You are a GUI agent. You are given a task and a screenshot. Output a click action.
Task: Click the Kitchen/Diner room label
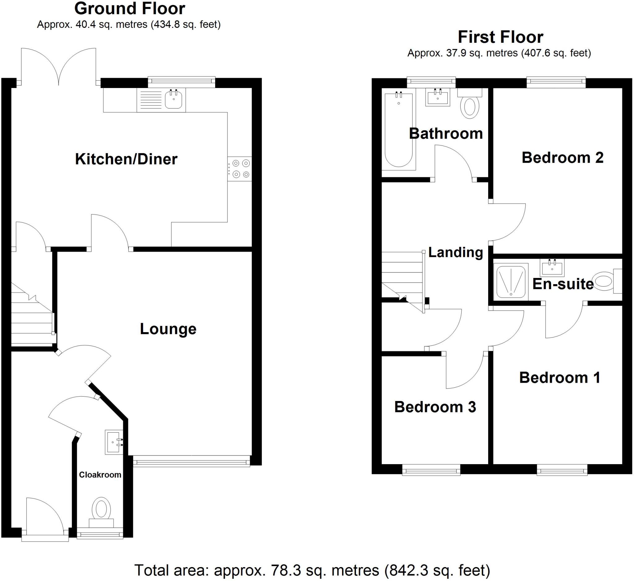[126, 159]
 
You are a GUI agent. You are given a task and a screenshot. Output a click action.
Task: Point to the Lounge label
[168, 329]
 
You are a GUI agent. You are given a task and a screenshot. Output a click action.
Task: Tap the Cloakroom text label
[100, 475]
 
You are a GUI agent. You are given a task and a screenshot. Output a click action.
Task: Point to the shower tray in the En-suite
[511, 281]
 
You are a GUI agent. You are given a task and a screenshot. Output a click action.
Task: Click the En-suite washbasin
[552, 267]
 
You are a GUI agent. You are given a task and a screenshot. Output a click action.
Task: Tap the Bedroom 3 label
[435, 407]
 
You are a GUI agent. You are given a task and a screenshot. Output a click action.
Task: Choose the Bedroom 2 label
[562, 158]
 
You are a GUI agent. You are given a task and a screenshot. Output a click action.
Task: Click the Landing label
[455, 253]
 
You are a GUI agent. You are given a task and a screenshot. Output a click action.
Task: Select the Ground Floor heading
[130, 9]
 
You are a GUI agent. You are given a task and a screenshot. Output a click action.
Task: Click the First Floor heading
[500, 37]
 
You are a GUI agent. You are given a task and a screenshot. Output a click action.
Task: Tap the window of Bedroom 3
[431, 471]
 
